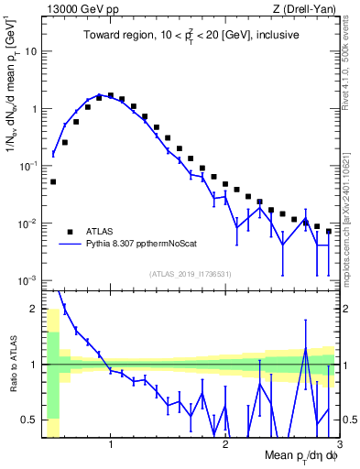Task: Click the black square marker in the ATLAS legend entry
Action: tap(70, 232)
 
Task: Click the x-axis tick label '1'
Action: tap(111, 446)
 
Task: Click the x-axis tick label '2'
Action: tap(225, 446)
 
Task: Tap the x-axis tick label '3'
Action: tap(338, 446)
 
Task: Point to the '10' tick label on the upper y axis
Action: tap(31, 51)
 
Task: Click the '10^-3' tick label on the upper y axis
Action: tap(27, 280)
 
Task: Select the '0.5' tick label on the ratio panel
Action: tap(30, 420)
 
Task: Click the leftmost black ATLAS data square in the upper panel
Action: tap(53, 181)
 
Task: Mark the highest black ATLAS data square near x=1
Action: tap(111, 94)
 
